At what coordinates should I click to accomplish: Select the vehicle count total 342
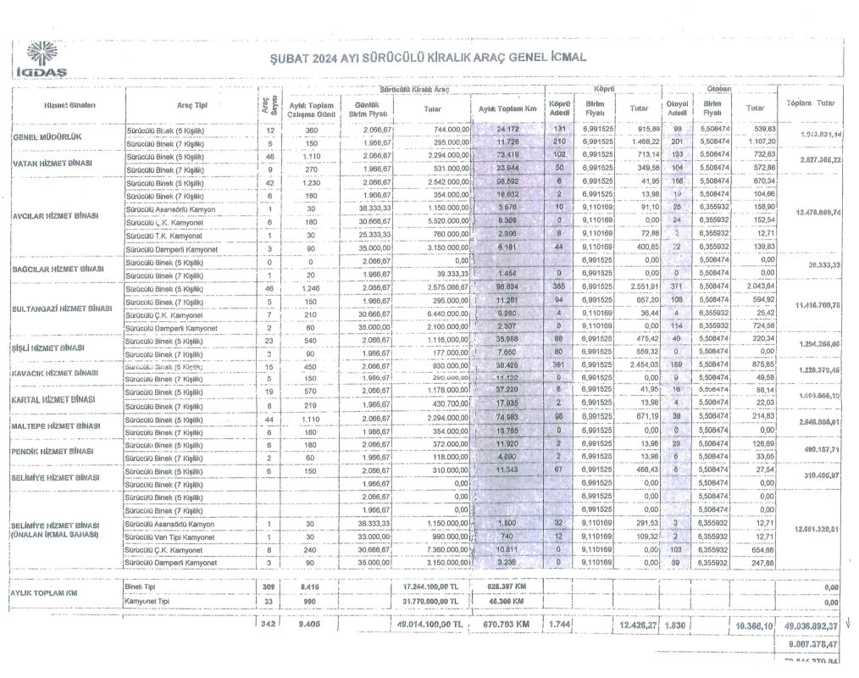pos(269,625)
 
